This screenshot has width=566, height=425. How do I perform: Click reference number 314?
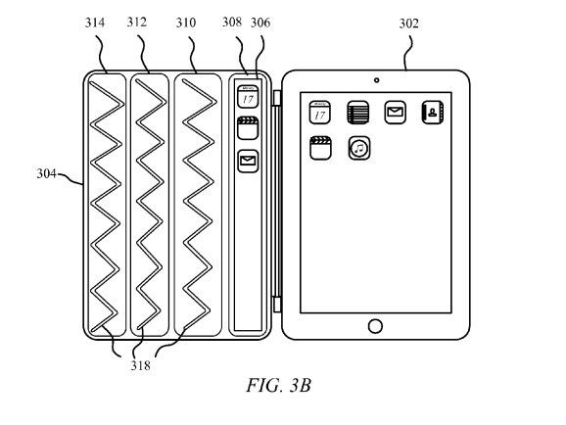pos(95,23)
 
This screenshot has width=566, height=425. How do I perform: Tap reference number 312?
pos(137,22)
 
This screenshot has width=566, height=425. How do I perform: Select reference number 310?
pos(186,23)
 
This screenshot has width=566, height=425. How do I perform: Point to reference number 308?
pos(232,22)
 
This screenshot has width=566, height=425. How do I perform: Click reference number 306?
pos(260,23)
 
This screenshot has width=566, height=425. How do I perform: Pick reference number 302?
pos(409,24)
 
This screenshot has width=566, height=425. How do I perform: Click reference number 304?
pos(47,173)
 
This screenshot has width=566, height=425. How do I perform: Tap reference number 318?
pos(140,365)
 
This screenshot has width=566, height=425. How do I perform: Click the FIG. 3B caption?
pos(278,385)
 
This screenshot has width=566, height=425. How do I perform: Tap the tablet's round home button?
pos(375,326)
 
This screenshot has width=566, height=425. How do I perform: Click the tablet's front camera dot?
pos(376,80)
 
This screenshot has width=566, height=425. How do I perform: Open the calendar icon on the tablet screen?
pos(320,113)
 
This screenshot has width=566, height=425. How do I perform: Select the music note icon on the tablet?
pos(359,148)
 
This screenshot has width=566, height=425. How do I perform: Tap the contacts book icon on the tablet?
pos(433,113)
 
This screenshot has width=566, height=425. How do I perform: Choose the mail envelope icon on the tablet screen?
pos(395,113)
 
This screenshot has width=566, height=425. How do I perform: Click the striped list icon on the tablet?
pos(358,113)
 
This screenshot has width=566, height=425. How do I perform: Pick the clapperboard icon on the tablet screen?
pos(320,148)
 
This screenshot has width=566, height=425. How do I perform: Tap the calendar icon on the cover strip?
pos(248,96)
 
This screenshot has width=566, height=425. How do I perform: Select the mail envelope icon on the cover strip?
pos(248,161)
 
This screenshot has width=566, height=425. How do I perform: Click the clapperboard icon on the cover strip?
pos(248,128)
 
